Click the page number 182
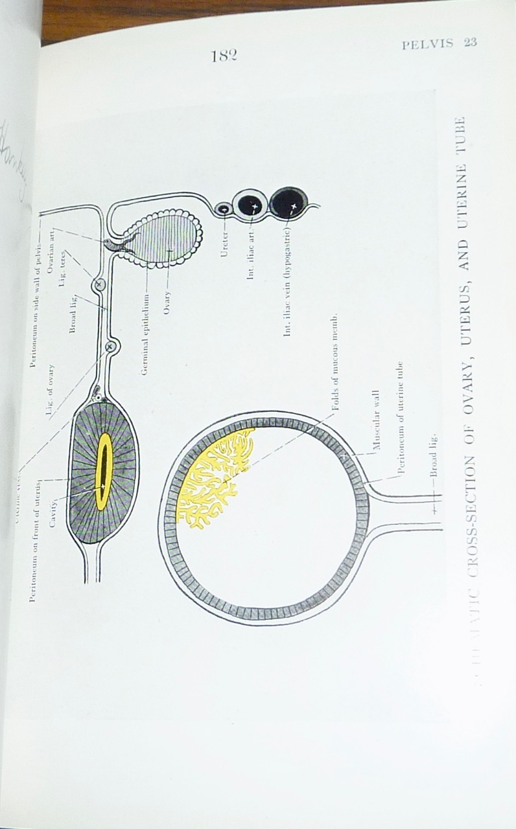tap(224, 55)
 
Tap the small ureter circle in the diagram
tap(224, 209)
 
